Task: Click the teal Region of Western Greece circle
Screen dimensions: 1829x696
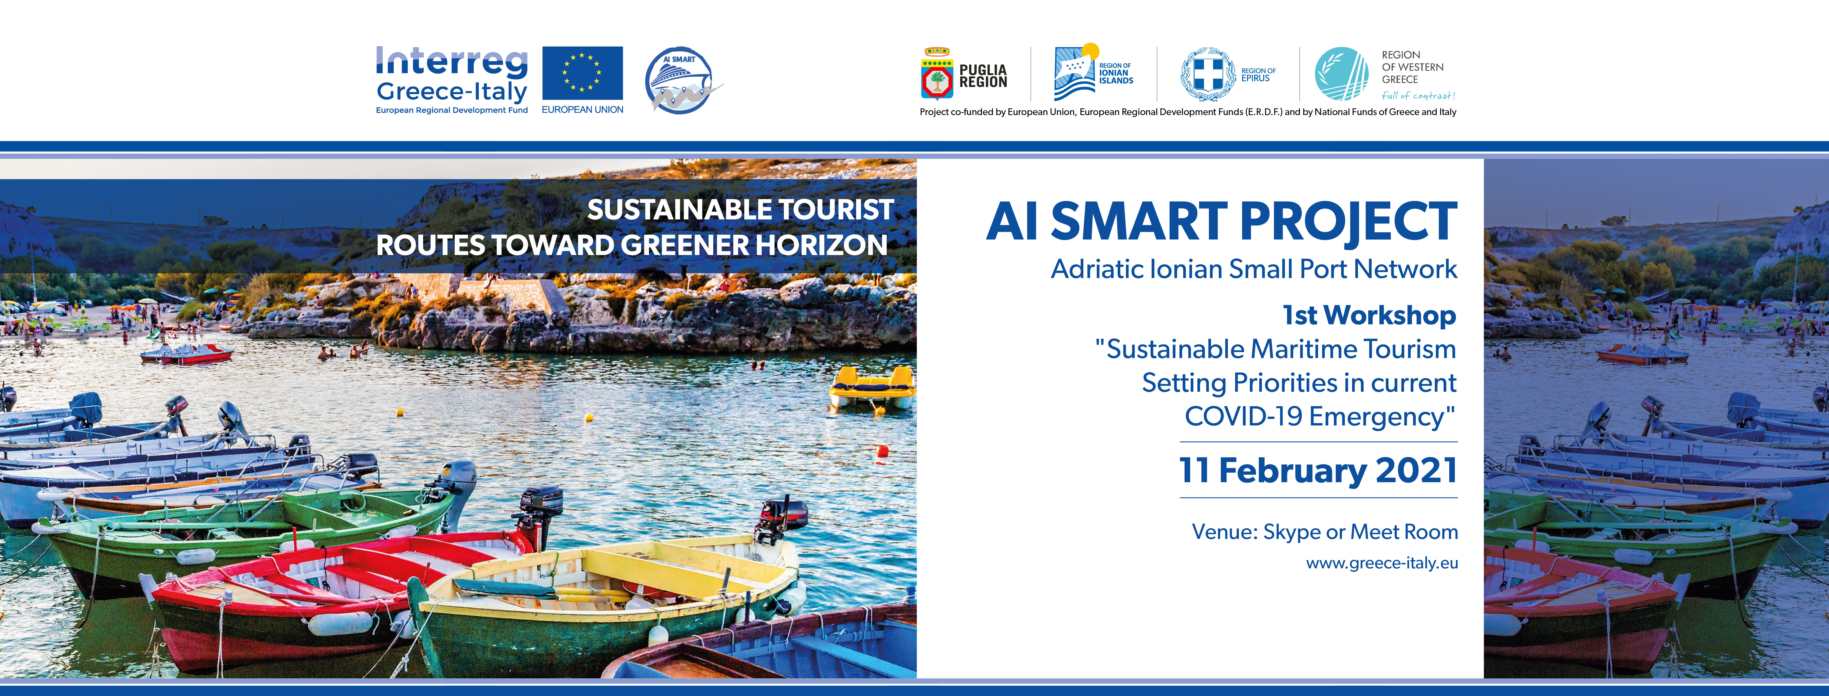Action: [1341, 74]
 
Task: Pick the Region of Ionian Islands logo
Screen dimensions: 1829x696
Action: [1094, 73]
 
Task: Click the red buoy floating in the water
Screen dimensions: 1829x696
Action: [883, 450]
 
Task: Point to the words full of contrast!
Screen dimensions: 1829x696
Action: [1418, 96]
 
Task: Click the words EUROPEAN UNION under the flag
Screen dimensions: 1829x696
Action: [582, 109]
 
